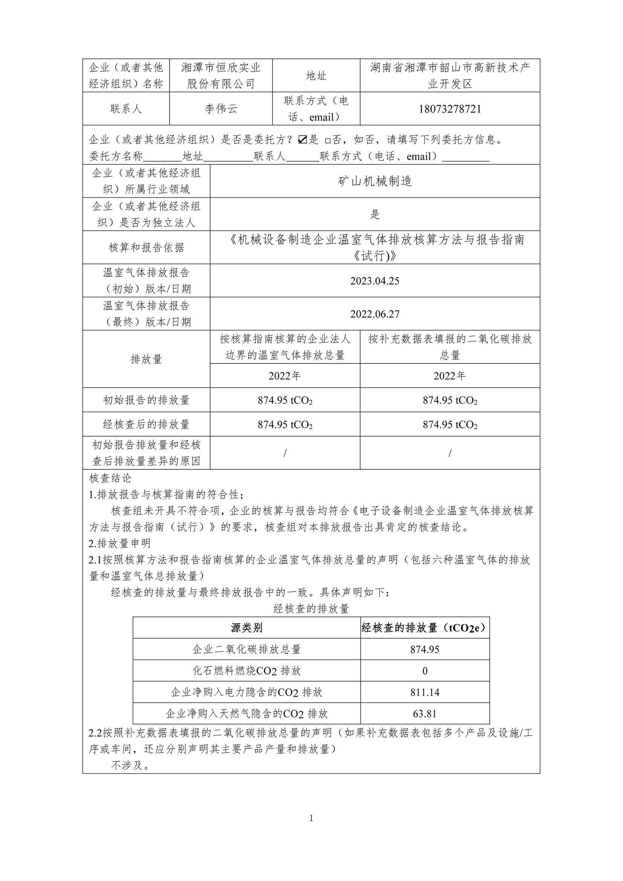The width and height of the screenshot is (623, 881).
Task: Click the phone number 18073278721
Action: point(450,109)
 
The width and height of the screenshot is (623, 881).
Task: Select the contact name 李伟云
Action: point(221,109)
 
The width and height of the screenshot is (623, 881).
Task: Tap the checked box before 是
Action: point(302,140)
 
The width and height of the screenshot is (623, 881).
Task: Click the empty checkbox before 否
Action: point(327,140)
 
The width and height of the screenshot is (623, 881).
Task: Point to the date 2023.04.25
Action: point(374,281)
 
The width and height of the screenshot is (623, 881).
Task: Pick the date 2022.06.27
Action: point(374,314)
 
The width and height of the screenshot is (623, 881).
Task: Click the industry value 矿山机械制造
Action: point(374,181)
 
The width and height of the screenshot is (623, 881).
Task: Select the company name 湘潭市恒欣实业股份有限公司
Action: point(221,76)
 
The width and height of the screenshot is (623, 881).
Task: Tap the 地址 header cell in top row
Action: point(316,76)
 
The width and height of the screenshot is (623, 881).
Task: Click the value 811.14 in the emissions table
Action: point(424,692)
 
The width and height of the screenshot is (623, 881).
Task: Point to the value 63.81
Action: point(424,714)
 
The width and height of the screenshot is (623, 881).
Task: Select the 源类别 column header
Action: point(246,628)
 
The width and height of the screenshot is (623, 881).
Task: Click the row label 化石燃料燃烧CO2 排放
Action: point(246,671)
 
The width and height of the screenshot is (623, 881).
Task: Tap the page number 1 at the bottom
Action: point(311,818)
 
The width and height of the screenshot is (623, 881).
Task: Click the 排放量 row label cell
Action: point(146,359)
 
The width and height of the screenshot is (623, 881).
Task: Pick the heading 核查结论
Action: point(110,478)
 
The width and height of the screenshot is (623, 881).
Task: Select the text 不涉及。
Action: point(130,765)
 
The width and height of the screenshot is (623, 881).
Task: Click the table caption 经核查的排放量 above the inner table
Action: point(311,609)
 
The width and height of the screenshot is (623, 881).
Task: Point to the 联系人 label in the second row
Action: point(126,109)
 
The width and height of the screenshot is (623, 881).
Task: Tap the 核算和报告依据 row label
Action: point(146,247)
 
